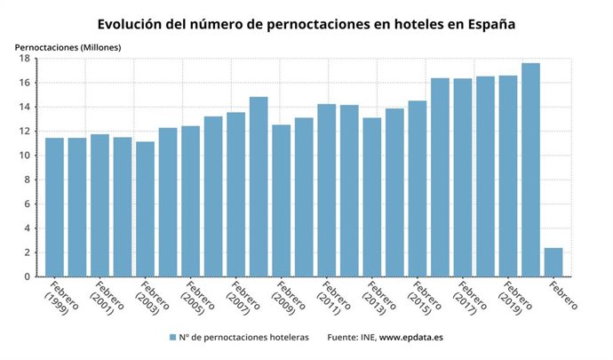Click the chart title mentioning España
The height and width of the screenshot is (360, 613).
(x=306, y=24)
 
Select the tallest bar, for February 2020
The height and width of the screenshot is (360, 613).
(x=530, y=170)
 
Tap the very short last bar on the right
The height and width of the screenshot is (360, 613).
(x=553, y=262)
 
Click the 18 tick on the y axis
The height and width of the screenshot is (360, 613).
(x=26, y=59)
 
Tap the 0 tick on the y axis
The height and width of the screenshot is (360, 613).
(x=28, y=276)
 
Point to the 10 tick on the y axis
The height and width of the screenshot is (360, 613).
(x=26, y=156)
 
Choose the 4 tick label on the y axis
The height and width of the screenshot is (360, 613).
(x=28, y=228)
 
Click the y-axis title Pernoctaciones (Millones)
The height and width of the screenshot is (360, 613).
(x=68, y=44)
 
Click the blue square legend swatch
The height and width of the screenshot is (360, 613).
(x=172, y=338)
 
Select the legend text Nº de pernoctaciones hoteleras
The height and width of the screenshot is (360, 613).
(x=243, y=338)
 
